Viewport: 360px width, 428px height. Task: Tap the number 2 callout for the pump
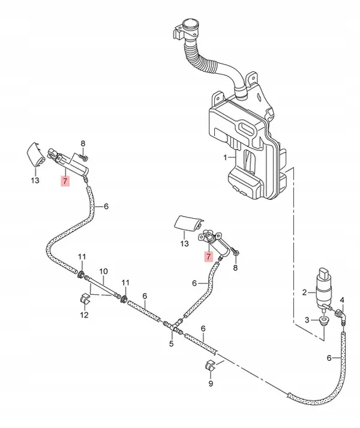tap(304, 293)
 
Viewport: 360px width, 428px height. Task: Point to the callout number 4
tap(342, 299)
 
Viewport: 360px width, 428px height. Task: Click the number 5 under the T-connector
tap(171, 343)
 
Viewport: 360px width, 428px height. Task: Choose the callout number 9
tap(210, 384)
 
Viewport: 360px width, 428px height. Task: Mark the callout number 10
tap(103, 271)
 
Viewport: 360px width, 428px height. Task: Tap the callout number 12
tap(85, 315)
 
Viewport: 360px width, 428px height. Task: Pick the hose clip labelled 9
tap(211, 365)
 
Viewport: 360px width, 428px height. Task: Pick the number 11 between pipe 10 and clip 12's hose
tap(125, 282)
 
